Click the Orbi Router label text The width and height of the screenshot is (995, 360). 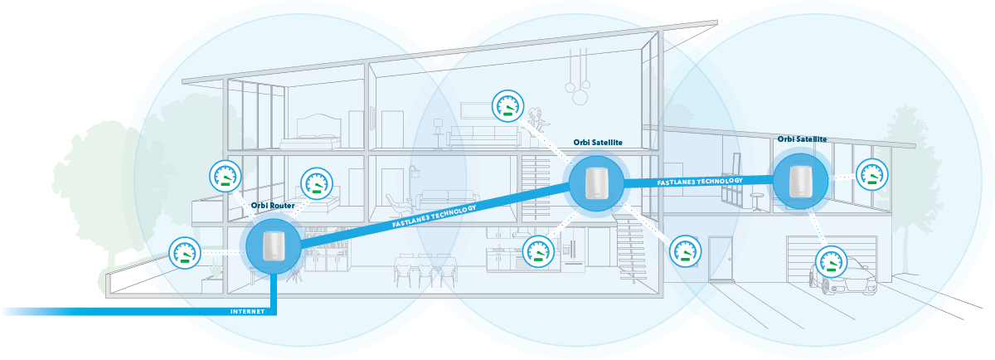[274, 206]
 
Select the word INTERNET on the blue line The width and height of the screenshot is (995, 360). [248, 312]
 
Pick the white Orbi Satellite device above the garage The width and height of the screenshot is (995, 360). [800, 180]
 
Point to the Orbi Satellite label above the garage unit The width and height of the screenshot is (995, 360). [802, 139]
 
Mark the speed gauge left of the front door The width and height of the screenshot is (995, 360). [685, 251]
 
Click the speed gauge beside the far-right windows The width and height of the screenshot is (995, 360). [871, 173]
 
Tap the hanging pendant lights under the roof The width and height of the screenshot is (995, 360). [578, 83]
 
